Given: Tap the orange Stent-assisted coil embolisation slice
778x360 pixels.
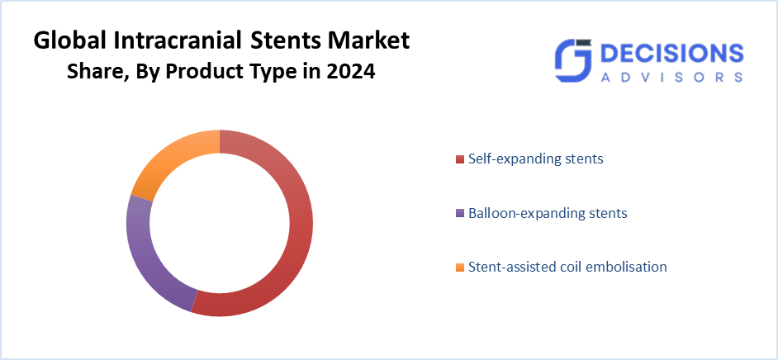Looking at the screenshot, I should click(x=169, y=162).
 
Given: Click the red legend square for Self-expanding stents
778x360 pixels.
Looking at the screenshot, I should click(x=460, y=159).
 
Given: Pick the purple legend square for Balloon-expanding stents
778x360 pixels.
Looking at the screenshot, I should click(x=460, y=214).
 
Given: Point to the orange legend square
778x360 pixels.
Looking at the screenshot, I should click(x=460, y=268).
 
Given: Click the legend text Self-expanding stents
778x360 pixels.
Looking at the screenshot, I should click(x=535, y=158).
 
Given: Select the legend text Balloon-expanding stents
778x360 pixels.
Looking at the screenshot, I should click(x=548, y=213).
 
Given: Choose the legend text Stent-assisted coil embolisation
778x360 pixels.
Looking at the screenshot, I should click(x=567, y=267).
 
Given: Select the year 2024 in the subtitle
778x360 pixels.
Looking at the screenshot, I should click(x=351, y=72).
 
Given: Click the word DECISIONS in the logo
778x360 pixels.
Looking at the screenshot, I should click(x=670, y=54).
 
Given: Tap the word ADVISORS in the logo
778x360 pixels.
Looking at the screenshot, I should click(x=670, y=77).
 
